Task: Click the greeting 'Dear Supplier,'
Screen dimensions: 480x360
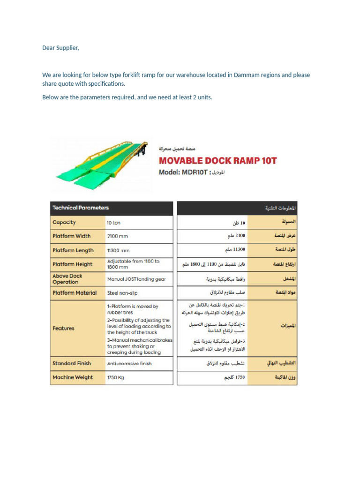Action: pyautogui.click(x=60, y=48)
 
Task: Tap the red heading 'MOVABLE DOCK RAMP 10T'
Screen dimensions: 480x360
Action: pyautogui.click(x=217, y=161)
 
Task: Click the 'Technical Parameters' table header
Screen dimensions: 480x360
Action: pyautogui.click(x=81, y=208)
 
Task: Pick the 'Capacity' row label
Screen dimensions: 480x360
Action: pyautogui.click(x=64, y=223)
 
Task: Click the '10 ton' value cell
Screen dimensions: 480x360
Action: pyautogui.click(x=113, y=223)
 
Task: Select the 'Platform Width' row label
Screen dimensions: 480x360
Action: pyautogui.click(x=72, y=236)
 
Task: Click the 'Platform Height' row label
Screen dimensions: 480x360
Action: pyautogui.click(x=73, y=264)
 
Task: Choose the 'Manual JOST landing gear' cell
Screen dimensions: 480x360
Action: pyautogui.click(x=136, y=279)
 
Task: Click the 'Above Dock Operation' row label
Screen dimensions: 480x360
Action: pyautogui.click(x=67, y=279)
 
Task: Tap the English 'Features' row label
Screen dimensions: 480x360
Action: pyautogui.click(x=64, y=328)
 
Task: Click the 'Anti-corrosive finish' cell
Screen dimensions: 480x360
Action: pyautogui.click(x=129, y=363)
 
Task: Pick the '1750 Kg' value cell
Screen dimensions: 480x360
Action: pyautogui.click(x=116, y=377)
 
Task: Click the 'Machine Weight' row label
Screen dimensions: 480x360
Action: pyautogui.click(x=73, y=377)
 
